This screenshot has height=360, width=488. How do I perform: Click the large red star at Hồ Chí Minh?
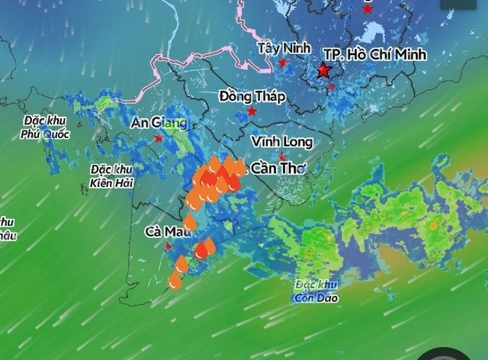coord(324,71)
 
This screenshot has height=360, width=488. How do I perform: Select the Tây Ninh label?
coord(284,48)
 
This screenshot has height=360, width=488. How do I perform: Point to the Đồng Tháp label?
coord(252,96)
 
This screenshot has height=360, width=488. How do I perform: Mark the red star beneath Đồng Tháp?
coord(252,111)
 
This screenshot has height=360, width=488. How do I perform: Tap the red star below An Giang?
coord(159,138)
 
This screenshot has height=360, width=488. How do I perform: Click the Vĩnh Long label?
coord(282,142)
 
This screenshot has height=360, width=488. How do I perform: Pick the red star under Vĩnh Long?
coord(283,157)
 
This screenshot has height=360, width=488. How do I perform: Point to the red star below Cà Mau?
coord(169,246)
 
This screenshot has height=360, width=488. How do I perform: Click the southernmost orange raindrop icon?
coord(175,280)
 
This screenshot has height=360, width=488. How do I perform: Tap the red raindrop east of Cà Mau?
coord(201,250)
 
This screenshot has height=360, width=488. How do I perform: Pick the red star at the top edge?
coord(368,9)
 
